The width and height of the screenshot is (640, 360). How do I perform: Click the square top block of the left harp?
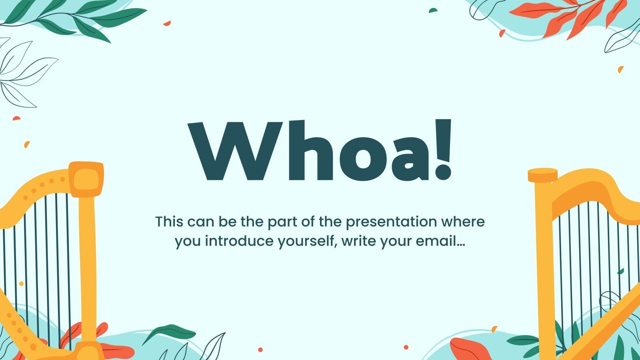click(86, 179)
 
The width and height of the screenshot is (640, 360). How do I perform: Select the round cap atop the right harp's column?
click(542, 175)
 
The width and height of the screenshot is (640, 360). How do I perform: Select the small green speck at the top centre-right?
click(433, 10)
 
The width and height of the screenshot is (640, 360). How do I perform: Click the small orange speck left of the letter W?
click(27, 144)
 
